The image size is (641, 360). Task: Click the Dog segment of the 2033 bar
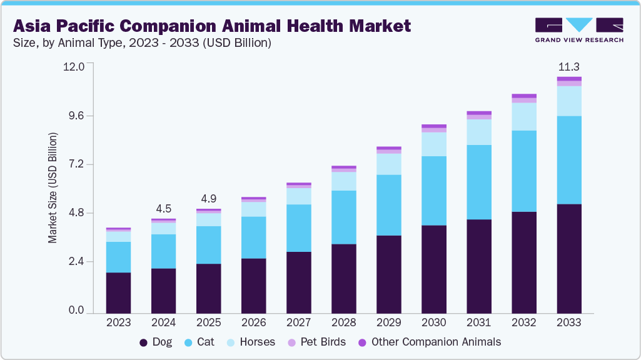click(x=569, y=258)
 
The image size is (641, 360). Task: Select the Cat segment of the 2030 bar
click(x=433, y=191)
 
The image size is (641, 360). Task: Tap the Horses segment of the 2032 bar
click(x=524, y=116)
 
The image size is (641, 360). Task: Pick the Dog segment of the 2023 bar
click(x=118, y=292)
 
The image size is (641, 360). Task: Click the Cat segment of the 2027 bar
click(x=298, y=228)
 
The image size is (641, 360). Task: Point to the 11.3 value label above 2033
click(x=569, y=67)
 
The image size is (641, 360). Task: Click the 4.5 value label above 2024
click(x=163, y=209)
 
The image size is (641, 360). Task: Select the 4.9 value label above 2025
click(x=208, y=199)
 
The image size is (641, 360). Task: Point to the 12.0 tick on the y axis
click(x=73, y=67)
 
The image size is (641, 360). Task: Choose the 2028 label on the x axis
click(x=343, y=323)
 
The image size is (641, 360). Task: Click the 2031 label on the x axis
click(x=478, y=323)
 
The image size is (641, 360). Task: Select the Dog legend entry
click(x=156, y=342)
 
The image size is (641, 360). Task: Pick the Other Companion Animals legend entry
click(x=429, y=342)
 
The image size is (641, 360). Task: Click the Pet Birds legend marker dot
click(x=291, y=342)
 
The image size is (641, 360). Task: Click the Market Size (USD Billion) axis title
click(x=53, y=187)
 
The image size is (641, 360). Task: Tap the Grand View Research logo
click(x=578, y=30)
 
